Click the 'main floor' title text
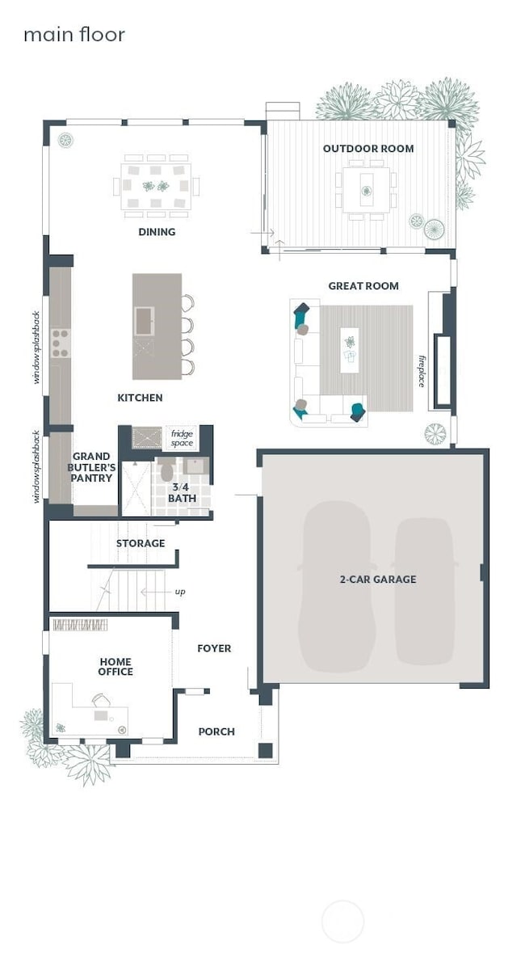click(x=73, y=35)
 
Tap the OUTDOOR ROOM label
click(x=368, y=149)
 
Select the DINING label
click(x=157, y=232)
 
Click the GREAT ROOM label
click(x=363, y=286)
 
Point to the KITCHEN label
click(x=141, y=398)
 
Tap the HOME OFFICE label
click(x=115, y=666)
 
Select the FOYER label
click(x=214, y=648)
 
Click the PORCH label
click(x=216, y=732)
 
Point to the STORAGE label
click(x=141, y=543)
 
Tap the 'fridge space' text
click(x=182, y=439)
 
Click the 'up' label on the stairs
click(x=179, y=592)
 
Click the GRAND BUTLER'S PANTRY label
click(x=91, y=467)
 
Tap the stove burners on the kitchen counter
click(x=61, y=343)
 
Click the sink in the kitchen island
click(x=145, y=321)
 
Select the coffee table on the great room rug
click(x=350, y=349)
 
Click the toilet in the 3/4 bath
click(x=167, y=470)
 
